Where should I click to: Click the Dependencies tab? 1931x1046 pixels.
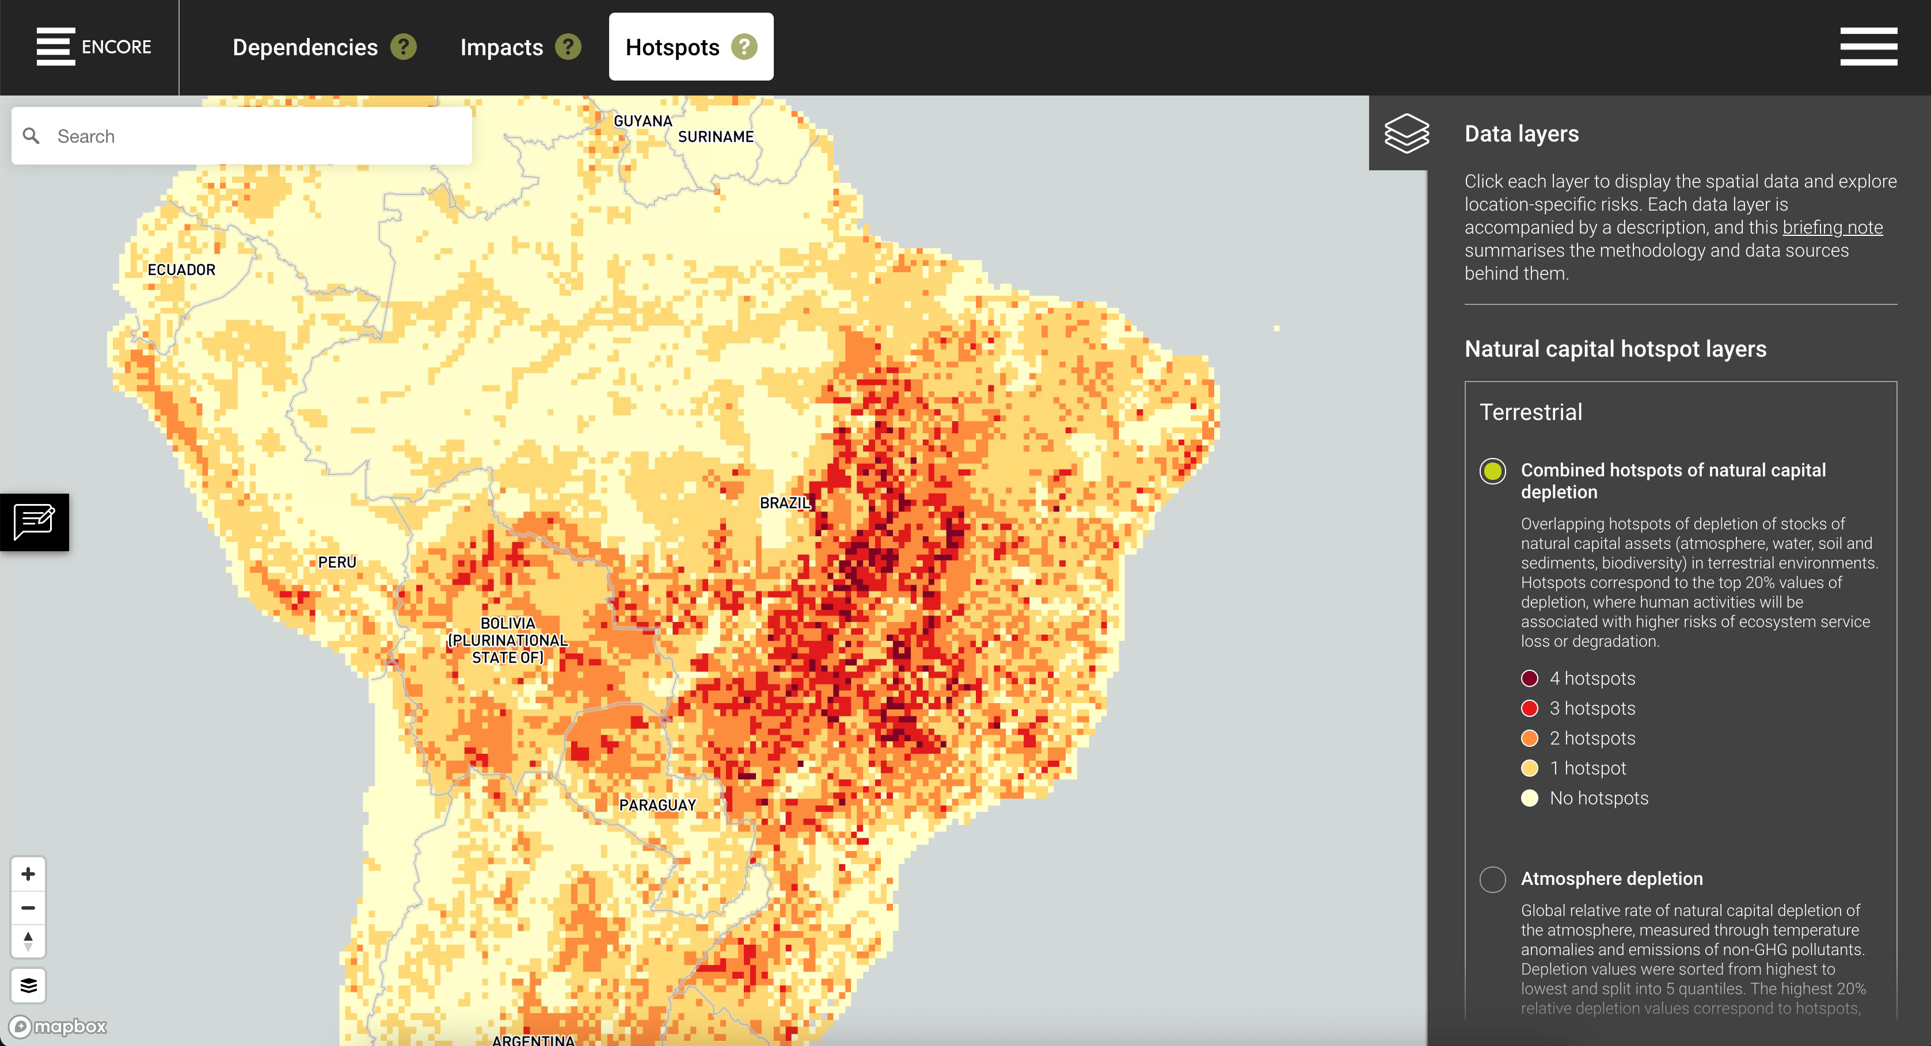[x=305, y=47]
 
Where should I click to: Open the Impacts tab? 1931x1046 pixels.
[x=501, y=47]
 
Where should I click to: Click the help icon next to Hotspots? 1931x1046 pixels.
[x=744, y=47]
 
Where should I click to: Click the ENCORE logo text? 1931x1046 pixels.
[x=116, y=47]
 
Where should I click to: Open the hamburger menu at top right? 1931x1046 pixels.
[x=1868, y=47]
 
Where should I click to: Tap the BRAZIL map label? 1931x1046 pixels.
[x=785, y=503]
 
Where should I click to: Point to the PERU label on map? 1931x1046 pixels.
[x=337, y=562]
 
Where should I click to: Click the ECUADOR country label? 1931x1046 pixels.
[x=181, y=270]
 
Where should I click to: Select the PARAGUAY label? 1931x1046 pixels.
[x=657, y=805]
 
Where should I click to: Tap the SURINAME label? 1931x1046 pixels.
[x=716, y=136]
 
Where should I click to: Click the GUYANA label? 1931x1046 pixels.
[x=643, y=121]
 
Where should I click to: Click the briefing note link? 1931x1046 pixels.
[x=1832, y=227]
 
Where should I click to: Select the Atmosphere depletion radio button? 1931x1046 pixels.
[x=1492, y=879]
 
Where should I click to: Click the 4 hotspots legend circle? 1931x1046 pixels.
[x=1530, y=678]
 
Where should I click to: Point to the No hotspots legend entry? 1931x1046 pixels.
[x=1598, y=798]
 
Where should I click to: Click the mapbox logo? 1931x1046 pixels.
[x=59, y=1026]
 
